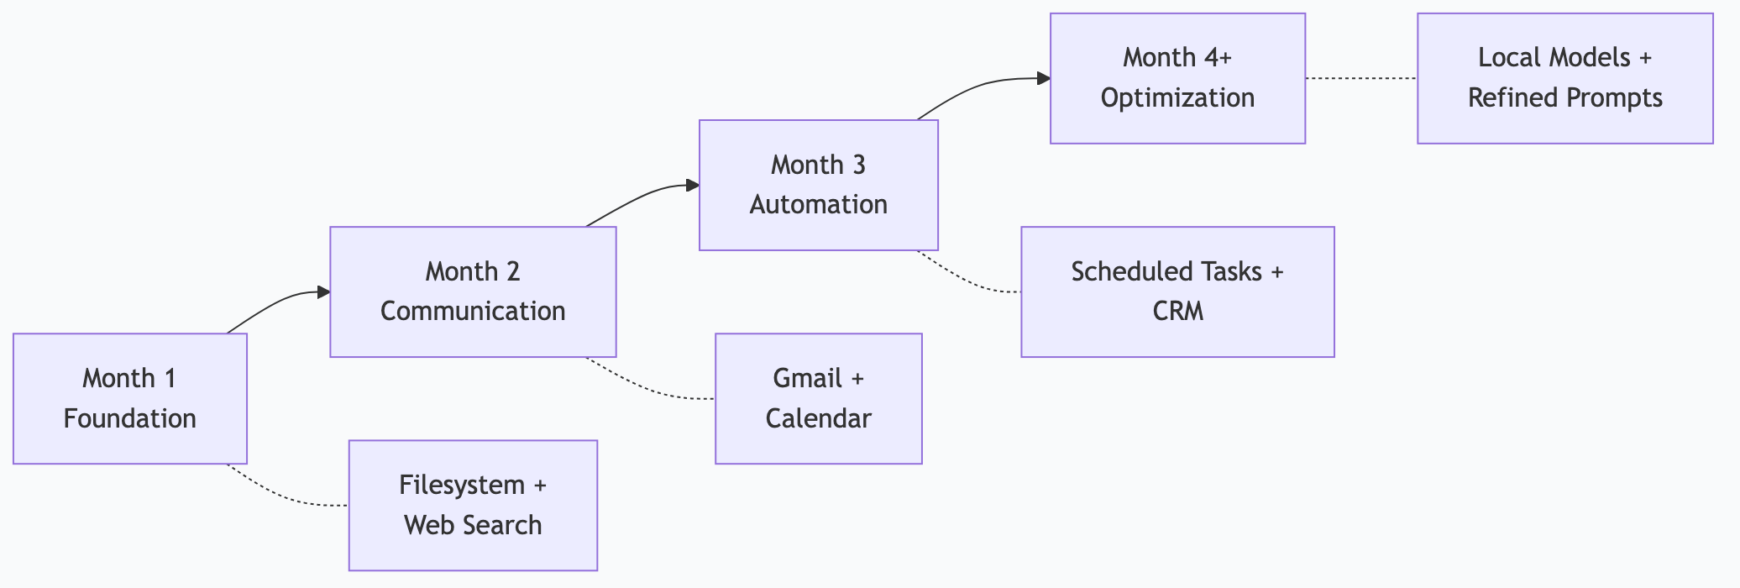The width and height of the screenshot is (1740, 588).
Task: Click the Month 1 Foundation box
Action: coord(130,398)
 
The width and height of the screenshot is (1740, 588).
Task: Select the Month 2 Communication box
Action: coord(473,291)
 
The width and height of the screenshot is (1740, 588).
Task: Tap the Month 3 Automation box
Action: coord(818,185)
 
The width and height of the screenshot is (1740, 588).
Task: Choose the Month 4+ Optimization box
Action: coord(1177,78)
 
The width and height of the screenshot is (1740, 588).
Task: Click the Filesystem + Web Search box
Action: coord(473,505)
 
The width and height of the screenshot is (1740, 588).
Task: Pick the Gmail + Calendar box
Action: coord(818,398)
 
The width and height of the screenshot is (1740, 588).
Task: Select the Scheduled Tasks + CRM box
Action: coord(1177,291)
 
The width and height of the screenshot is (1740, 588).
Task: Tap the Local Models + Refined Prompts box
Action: coord(1564,78)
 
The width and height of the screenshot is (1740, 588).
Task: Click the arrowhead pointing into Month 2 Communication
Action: coord(323,292)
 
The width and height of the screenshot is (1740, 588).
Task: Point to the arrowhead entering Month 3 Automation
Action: coord(693,186)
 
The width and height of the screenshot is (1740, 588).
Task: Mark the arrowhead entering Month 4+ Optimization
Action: coord(1044,79)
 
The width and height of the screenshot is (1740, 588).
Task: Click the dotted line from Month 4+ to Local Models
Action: coord(1360,78)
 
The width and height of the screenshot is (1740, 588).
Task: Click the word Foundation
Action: coord(130,418)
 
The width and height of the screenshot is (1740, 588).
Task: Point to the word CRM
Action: coord(1177,312)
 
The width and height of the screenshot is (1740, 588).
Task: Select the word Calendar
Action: coord(818,418)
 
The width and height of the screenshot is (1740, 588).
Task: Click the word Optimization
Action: coord(1177,98)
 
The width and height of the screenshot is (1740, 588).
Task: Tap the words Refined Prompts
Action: coord(1564,98)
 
